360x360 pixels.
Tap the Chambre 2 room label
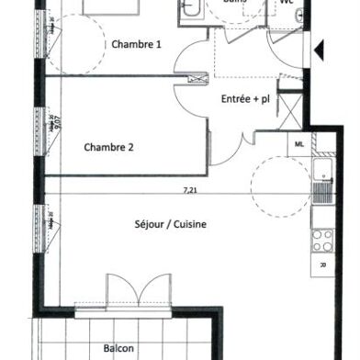108,147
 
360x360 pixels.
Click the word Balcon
119,348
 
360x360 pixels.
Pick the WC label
286,3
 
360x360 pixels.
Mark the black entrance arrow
319,50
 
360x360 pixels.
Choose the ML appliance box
299,144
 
